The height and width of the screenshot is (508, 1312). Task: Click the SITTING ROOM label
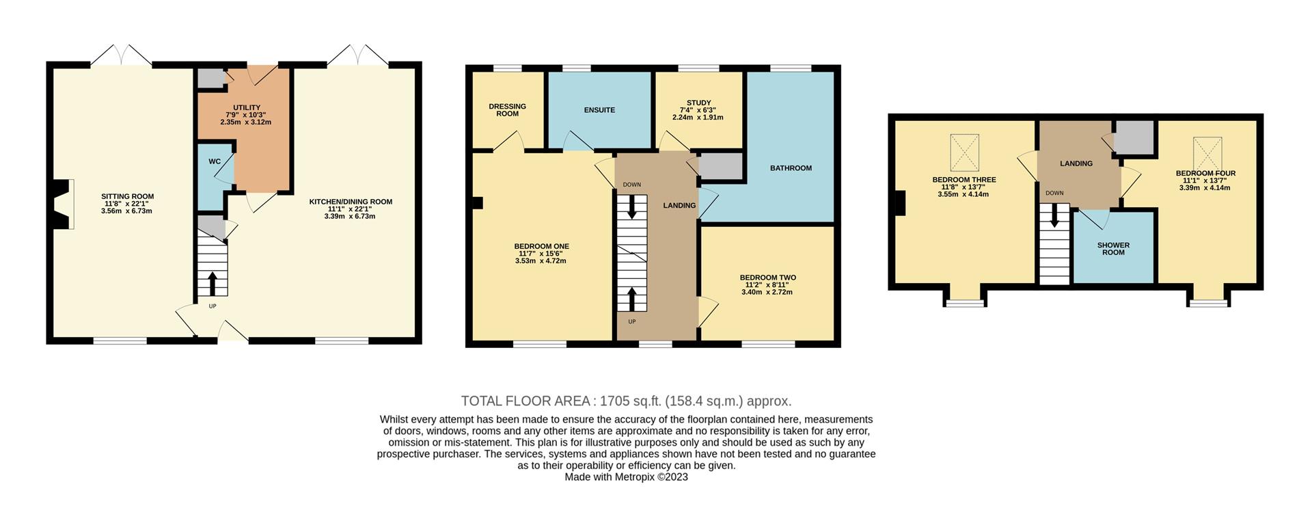click(x=127, y=196)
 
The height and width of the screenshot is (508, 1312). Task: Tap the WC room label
click(x=215, y=162)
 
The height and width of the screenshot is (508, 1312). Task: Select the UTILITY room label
click(x=247, y=108)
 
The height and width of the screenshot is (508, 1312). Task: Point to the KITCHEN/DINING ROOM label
click(x=351, y=202)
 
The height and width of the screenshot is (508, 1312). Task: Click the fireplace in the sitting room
click(x=63, y=204)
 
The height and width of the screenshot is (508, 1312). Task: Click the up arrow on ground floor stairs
click(x=212, y=282)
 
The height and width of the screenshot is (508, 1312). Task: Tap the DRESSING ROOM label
click(x=508, y=110)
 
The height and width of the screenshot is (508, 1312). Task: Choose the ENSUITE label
click(x=599, y=110)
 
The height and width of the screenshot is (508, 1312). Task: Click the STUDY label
click(x=699, y=103)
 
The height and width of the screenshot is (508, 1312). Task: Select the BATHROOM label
click(x=791, y=168)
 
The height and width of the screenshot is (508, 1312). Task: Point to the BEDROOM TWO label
click(x=767, y=278)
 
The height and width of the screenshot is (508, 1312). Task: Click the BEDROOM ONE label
click(x=542, y=246)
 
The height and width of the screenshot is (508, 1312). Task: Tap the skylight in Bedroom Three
click(x=965, y=152)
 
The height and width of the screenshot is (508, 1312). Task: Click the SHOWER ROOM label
click(x=1113, y=249)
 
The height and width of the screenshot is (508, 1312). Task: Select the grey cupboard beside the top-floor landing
click(x=1134, y=137)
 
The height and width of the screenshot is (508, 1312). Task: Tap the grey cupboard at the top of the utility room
click(x=211, y=79)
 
